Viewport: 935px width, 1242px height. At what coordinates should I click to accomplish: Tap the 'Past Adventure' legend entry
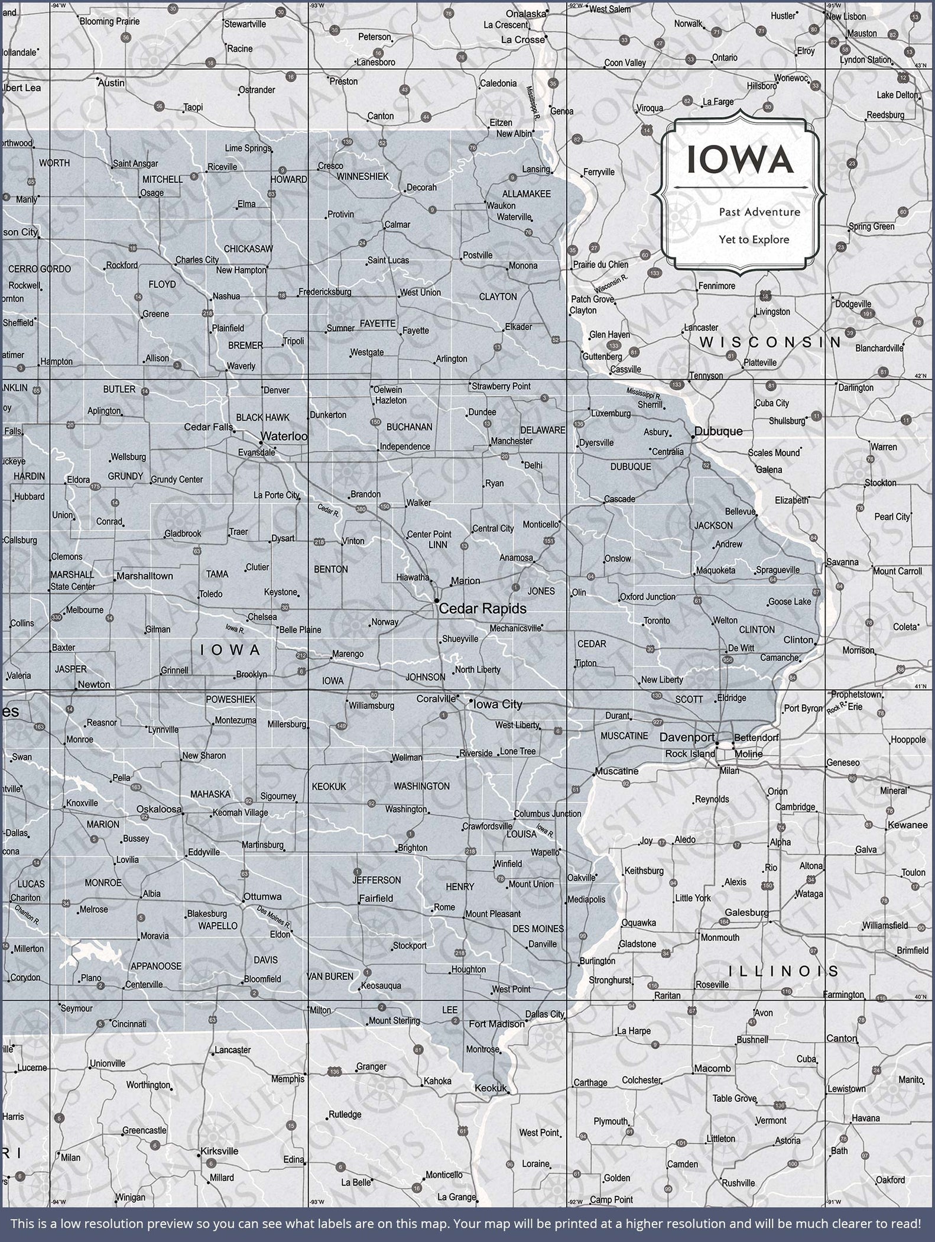coord(759,212)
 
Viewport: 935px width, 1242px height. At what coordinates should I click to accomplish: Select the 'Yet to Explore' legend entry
coord(754,240)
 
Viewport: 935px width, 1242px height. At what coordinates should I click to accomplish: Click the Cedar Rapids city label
coord(482,608)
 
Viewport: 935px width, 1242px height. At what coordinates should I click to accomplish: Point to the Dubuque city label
coord(718,431)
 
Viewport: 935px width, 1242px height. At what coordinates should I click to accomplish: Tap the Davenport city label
coord(687,738)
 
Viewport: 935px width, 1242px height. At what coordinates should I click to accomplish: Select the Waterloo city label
coord(284,436)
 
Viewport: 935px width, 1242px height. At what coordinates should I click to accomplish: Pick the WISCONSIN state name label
coord(770,342)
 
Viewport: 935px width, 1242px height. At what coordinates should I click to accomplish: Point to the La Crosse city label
coord(522,40)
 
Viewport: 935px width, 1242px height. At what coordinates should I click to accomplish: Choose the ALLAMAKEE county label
coord(526,194)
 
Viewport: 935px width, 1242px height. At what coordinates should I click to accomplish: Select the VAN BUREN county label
coord(330,976)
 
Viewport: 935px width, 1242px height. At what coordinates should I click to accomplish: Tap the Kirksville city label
coord(219,1151)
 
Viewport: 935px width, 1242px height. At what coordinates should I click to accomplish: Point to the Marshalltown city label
coord(145,575)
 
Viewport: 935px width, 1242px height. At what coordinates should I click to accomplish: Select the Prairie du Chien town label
coord(600,264)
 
